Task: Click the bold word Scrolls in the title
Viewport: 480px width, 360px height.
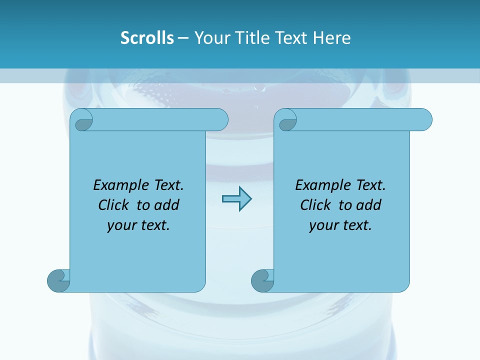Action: pyautogui.click(x=147, y=38)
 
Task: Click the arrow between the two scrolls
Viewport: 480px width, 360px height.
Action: pyautogui.click(x=236, y=199)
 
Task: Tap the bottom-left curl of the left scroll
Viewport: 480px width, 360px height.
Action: pyautogui.click(x=58, y=280)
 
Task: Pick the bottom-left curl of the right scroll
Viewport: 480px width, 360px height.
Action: pyautogui.click(x=262, y=280)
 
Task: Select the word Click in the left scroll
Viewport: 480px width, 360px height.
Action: pyautogui.click(x=114, y=205)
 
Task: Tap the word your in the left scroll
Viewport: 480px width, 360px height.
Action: pyautogui.click(x=121, y=225)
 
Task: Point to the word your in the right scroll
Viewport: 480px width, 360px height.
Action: pyautogui.click(x=323, y=225)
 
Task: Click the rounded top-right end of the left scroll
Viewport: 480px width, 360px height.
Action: pyautogui.click(x=220, y=120)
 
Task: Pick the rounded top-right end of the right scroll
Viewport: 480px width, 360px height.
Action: pyautogui.click(x=424, y=120)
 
